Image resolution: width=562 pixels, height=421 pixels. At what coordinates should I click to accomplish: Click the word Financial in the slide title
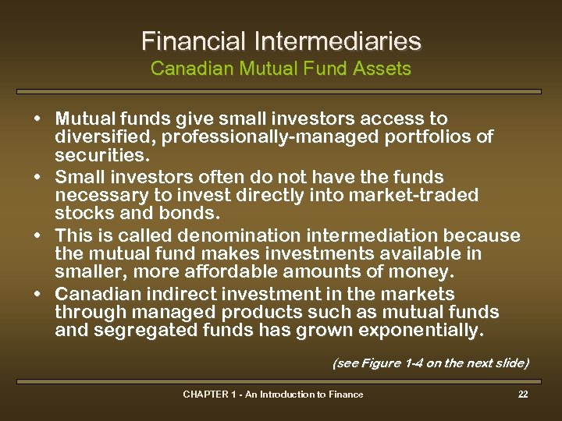point(190,41)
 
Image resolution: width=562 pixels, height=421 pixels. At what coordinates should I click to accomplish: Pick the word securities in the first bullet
point(100,155)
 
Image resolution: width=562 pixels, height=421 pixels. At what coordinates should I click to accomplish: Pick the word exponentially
point(421,331)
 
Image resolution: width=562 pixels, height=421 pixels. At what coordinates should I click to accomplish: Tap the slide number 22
point(523,394)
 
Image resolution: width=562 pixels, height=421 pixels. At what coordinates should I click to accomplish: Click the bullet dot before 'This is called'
point(38,235)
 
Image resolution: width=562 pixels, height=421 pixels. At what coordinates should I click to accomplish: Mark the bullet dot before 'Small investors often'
point(38,177)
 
